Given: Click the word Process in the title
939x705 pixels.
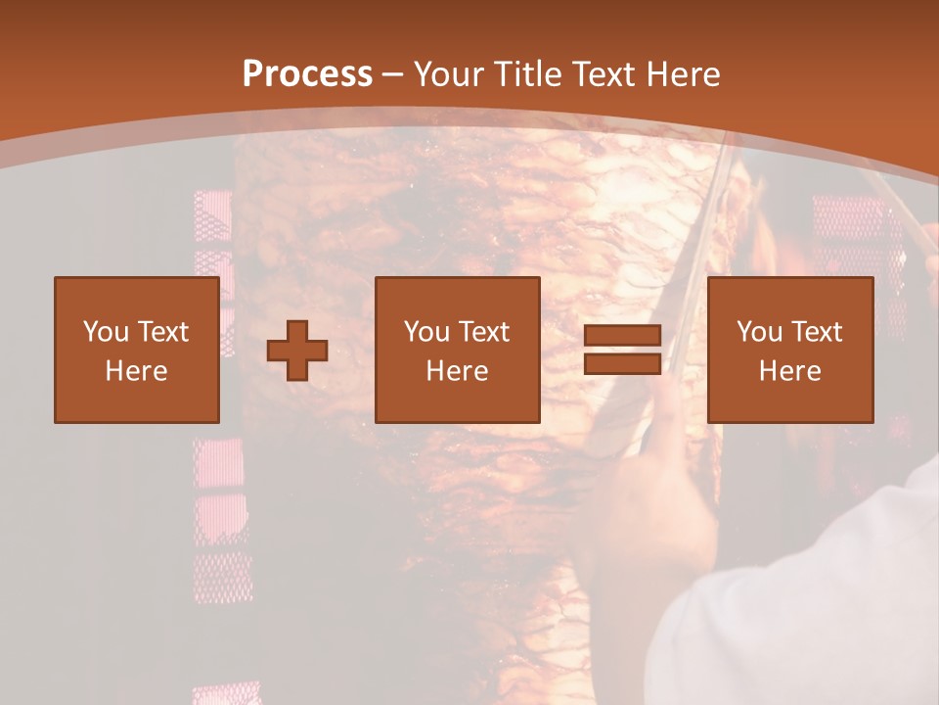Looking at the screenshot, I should [307, 74].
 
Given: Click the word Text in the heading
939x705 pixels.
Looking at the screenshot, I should [602, 74].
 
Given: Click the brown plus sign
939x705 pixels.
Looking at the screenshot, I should [297, 351].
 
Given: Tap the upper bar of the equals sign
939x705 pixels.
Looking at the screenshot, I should [623, 335].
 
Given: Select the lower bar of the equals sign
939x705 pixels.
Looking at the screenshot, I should [623, 364].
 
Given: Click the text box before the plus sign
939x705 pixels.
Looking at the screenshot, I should [137, 350].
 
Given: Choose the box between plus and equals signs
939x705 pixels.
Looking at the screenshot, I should [458, 350].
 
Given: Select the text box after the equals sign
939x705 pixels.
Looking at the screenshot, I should [790, 350].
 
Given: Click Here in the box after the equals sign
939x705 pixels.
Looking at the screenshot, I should [790, 371].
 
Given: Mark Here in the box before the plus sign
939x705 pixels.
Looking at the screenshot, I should [137, 371].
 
